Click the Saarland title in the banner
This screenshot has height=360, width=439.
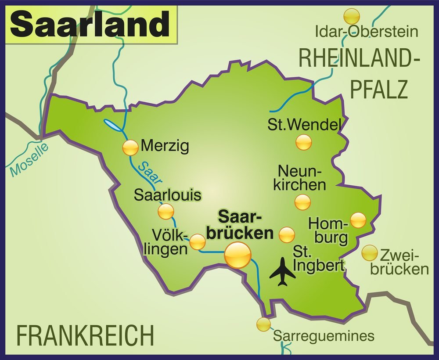[90, 25]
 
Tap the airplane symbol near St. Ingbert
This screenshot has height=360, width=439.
[282, 272]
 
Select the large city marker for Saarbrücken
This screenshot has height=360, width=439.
[237, 255]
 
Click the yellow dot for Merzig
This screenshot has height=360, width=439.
[130, 148]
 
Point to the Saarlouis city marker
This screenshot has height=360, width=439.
[166, 212]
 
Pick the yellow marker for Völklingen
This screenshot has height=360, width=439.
[197, 241]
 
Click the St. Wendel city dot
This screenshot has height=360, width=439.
[304, 142]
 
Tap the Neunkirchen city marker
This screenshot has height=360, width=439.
[302, 202]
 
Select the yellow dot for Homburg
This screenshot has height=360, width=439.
[358, 220]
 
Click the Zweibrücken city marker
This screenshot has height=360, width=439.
[370, 253]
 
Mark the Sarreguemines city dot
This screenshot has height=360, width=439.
[263, 324]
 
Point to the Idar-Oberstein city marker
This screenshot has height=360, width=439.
[351, 17]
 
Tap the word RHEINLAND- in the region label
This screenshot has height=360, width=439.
[359, 58]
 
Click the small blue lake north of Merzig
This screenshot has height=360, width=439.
[113, 125]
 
